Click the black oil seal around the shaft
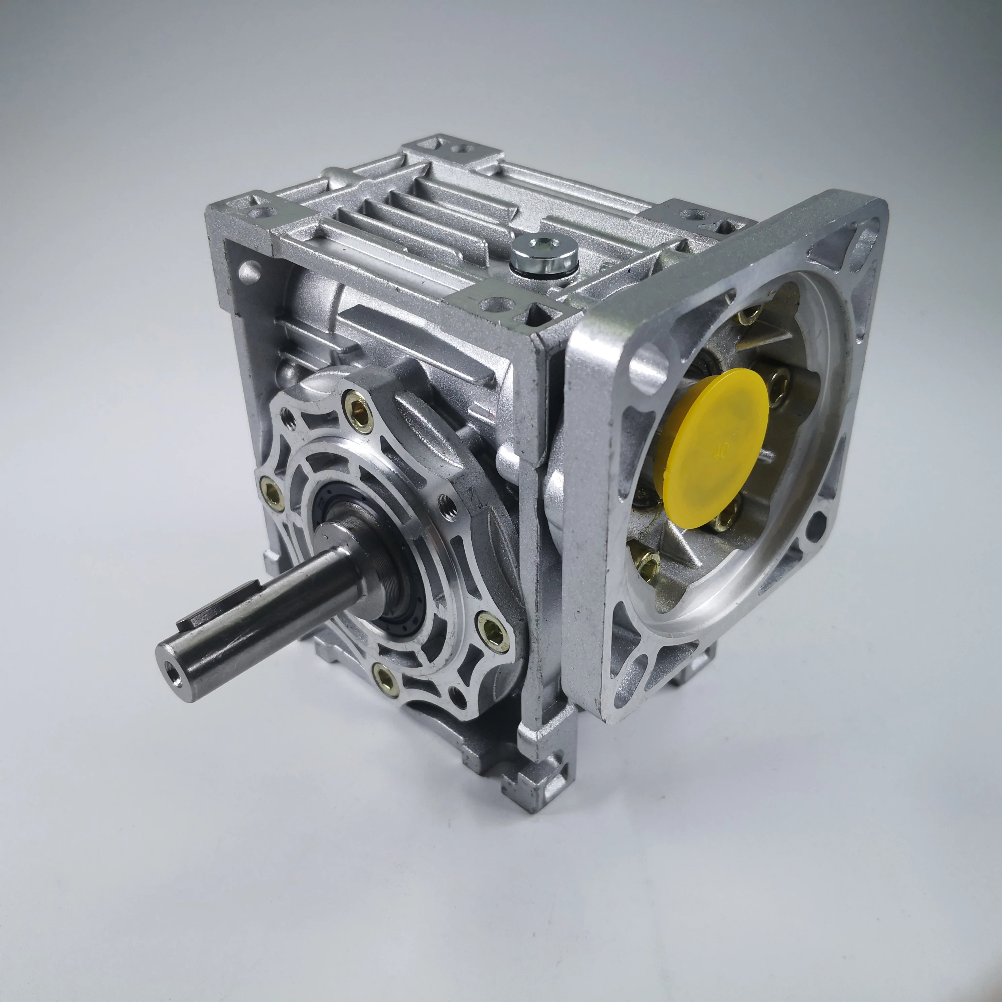[394, 596]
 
